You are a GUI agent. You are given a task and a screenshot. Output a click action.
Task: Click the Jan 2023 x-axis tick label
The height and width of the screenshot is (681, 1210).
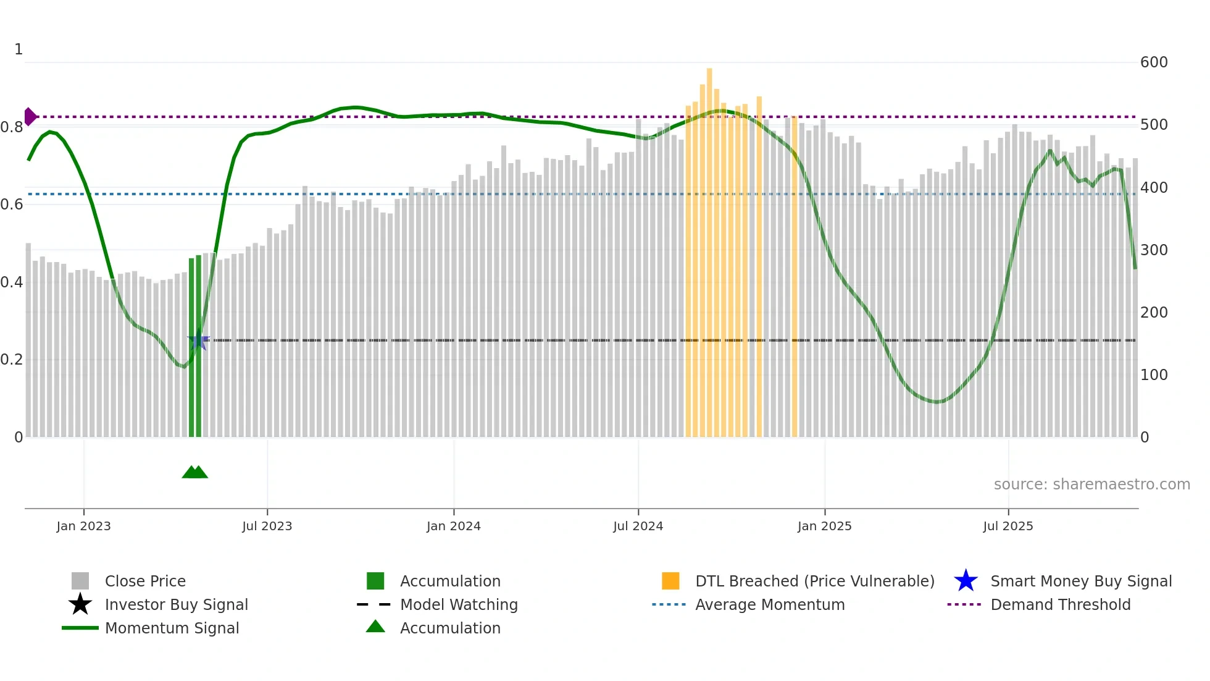[83, 526]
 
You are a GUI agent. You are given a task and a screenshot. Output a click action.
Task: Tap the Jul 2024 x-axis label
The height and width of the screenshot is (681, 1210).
[638, 526]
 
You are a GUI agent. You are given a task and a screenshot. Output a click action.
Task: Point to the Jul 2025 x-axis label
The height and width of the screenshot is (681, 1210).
[1008, 526]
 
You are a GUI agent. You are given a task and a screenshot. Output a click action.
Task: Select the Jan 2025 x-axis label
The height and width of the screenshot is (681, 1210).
[824, 526]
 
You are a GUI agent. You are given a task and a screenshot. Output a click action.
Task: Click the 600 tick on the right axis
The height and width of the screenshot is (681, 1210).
[1153, 62]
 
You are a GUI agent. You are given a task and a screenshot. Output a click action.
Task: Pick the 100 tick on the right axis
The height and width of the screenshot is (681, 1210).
[1153, 375]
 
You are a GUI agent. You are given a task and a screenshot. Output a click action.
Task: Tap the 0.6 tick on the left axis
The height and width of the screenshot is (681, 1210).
[12, 205]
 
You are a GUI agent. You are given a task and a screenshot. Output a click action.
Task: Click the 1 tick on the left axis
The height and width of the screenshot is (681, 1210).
[19, 49]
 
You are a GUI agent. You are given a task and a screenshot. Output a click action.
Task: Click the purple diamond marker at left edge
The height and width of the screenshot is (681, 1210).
[30, 116]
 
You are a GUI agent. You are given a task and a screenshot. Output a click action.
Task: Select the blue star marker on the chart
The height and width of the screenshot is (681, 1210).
[198, 340]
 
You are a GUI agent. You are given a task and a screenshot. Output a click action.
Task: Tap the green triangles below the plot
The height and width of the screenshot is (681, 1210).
[195, 472]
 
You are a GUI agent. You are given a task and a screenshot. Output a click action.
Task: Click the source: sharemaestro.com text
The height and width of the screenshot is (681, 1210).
[1091, 484]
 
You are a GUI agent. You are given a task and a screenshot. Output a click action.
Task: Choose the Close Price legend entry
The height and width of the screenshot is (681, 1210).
[145, 581]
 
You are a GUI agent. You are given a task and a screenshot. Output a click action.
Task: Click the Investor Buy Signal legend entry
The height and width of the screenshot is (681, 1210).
[176, 604]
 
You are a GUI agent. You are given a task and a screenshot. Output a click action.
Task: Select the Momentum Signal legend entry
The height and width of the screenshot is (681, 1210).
[172, 628]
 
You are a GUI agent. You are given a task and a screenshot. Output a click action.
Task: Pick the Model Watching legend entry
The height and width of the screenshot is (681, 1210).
[459, 604]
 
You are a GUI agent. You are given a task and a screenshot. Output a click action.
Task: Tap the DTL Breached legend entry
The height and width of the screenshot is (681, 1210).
[814, 581]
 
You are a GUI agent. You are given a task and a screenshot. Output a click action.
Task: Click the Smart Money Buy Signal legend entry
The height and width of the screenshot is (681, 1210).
[1080, 581]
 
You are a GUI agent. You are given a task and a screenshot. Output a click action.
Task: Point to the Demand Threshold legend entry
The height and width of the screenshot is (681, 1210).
[1060, 604]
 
